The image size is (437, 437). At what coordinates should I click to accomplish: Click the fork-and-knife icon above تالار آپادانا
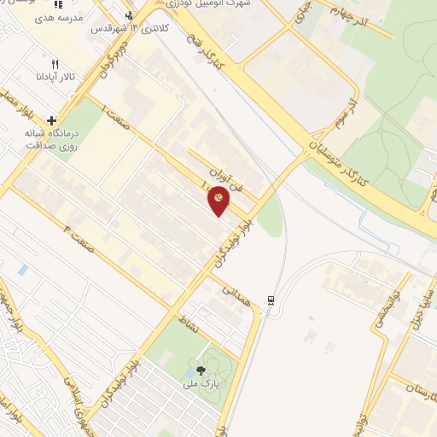(x=55, y=64)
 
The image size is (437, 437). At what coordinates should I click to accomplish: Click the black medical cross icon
(x=53, y=120)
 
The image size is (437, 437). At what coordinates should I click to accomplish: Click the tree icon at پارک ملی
(x=201, y=370)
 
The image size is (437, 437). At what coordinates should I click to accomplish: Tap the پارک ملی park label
(x=203, y=383)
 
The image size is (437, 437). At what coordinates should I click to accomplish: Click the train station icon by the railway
(x=271, y=300)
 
